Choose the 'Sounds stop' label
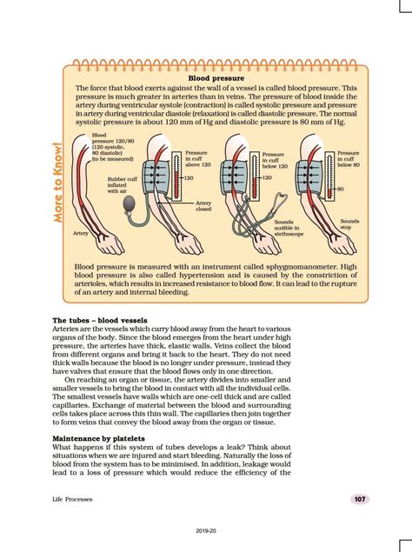349,224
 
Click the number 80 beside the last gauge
341,189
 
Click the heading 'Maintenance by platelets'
98,438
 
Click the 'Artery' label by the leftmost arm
81,233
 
